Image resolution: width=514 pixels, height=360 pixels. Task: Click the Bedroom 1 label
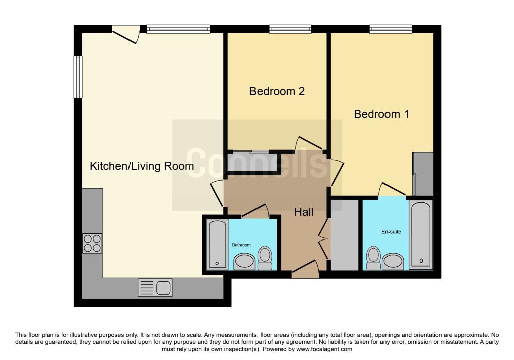tap(381, 114)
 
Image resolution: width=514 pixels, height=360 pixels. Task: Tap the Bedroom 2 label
tap(277, 91)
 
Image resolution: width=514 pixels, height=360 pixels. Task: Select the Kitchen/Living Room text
tap(142, 166)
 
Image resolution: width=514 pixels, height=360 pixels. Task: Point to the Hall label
tap(304, 212)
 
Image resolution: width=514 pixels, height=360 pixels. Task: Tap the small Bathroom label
tap(241, 245)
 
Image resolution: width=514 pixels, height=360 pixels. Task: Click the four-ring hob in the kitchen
tap(92, 244)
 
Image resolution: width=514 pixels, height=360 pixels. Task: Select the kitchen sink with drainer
tap(155, 288)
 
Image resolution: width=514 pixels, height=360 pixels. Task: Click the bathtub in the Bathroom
tap(217, 244)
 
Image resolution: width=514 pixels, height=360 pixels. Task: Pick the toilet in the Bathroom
tap(264, 256)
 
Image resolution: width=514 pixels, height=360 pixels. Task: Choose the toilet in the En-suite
tap(373, 255)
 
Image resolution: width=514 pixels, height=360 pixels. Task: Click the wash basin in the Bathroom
tap(244, 261)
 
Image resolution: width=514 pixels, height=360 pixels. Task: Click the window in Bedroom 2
tap(290, 29)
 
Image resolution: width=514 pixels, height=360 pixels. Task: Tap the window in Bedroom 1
tap(391, 29)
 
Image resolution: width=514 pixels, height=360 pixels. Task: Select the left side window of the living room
tap(78, 77)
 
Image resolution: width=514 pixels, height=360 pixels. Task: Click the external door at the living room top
tap(125, 33)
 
